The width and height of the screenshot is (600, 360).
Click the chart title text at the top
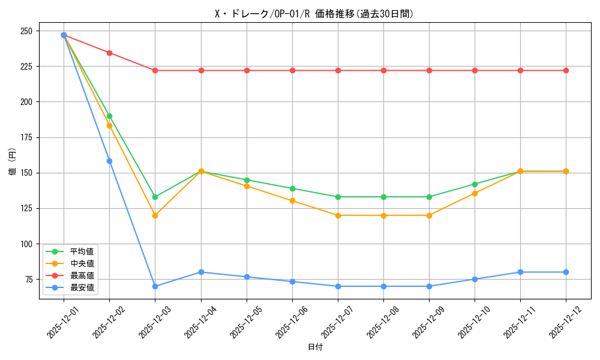pos(314,14)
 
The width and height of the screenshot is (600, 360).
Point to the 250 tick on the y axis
pos(28,31)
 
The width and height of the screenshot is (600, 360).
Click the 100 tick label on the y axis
pos(28,244)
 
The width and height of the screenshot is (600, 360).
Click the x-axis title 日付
pos(315,347)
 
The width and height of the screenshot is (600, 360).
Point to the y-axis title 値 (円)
pos(13,161)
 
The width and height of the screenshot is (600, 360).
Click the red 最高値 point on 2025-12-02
pos(109,53)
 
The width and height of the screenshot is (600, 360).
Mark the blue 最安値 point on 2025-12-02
pos(109,161)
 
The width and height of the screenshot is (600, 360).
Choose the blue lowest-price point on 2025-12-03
pos(155,286)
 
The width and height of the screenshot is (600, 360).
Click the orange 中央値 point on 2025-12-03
pos(155,215)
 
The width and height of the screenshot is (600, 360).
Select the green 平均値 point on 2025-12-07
pos(338,197)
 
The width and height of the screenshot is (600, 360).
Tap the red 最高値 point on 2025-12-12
pos(566,70)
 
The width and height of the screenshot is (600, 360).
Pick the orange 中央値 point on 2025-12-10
pos(475,193)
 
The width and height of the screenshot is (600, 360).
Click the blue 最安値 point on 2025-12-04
pos(201,272)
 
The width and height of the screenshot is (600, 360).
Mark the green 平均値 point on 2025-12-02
pos(109,116)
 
